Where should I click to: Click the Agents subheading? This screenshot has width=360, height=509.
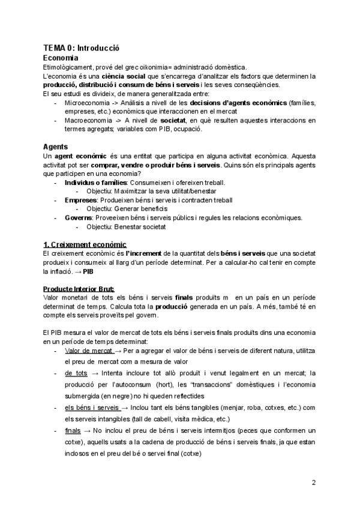pyautogui.click(x=56, y=146)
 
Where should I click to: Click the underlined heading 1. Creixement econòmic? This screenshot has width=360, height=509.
pyautogui.click(x=85, y=244)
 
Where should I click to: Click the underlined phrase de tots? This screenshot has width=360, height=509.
pyautogui.click(x=76, y=373)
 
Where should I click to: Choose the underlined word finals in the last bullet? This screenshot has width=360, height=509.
pyautogui.click(x=71, y=431)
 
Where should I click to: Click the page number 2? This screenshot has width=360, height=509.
pyautogui.click(x=313, y=483)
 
